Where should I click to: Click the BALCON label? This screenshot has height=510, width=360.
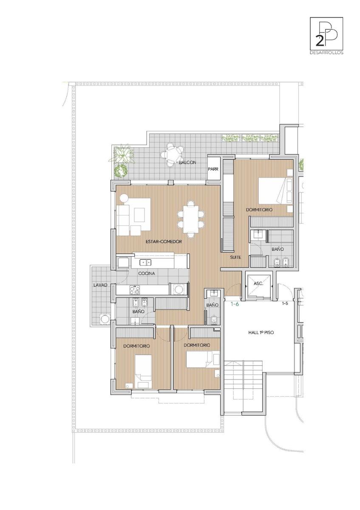[x=187, y=162]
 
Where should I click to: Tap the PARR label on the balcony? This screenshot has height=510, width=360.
[x=213, y=169]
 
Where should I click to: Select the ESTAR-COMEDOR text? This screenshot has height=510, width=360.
[x=164, y=241]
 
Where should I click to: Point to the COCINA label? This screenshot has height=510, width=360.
[x=146, y=273]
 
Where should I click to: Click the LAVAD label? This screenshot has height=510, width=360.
[x=100, y=285]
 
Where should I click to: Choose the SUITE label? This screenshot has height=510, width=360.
[x=235, y=257]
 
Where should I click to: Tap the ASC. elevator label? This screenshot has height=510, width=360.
[x=258, y=284]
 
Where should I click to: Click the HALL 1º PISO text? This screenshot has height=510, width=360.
[x=261, y=332]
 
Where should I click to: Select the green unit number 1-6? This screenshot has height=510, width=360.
[x=235, y=303]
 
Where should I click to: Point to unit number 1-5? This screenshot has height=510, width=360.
[x=285, y=303]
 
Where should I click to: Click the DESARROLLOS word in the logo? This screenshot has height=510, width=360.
[x=326, y=53]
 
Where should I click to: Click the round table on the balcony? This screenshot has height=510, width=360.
[x=172, y=155]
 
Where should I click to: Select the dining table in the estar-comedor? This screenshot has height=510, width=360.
[x=190, y=218]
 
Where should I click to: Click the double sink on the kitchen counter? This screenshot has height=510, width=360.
[x=145, y=262]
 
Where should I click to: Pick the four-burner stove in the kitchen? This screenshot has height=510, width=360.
[x=134, y=290]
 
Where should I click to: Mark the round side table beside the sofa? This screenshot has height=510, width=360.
[x=124, y=198]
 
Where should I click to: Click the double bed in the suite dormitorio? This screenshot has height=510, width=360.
[x=275, y=190]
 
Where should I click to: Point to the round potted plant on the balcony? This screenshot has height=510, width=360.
[x=120, y=170]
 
